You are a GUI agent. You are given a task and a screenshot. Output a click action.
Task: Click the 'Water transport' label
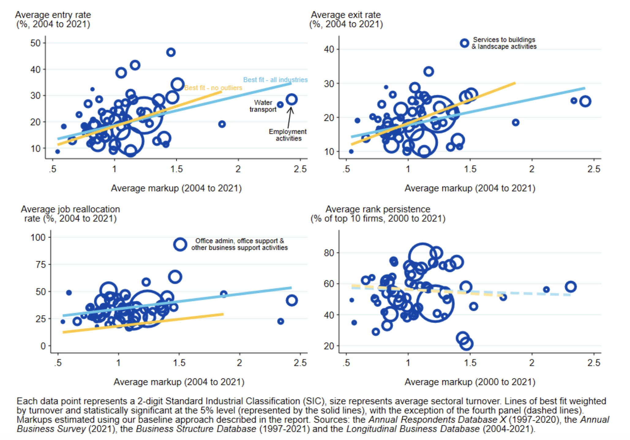[263, 106]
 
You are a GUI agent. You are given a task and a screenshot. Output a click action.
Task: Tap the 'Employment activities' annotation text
[287, 135]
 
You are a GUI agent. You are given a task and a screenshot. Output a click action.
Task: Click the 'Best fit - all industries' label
[275, 80]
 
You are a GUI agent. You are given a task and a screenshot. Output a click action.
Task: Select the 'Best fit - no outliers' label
[213, 88]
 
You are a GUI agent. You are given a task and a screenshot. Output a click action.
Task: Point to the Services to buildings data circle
[464, 43]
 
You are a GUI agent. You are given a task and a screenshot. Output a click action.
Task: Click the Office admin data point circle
[180, 244]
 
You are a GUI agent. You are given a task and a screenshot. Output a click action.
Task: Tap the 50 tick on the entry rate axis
[36, 43]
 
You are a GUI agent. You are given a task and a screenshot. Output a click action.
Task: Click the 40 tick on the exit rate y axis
[329, 49]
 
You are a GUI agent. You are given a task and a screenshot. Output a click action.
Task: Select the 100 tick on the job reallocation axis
[38, 237]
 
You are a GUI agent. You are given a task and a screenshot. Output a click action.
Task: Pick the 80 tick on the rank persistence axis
[329, 253]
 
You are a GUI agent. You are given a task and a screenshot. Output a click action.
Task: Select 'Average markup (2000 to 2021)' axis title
[470, 382]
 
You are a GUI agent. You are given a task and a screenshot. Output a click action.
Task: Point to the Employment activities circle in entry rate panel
[291, 99]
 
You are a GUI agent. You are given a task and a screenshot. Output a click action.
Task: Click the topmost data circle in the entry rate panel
[171, 52]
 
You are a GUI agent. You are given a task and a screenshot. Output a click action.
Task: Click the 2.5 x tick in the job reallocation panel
[300, 363]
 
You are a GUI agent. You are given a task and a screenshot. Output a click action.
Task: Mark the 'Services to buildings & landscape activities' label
[504, 43]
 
